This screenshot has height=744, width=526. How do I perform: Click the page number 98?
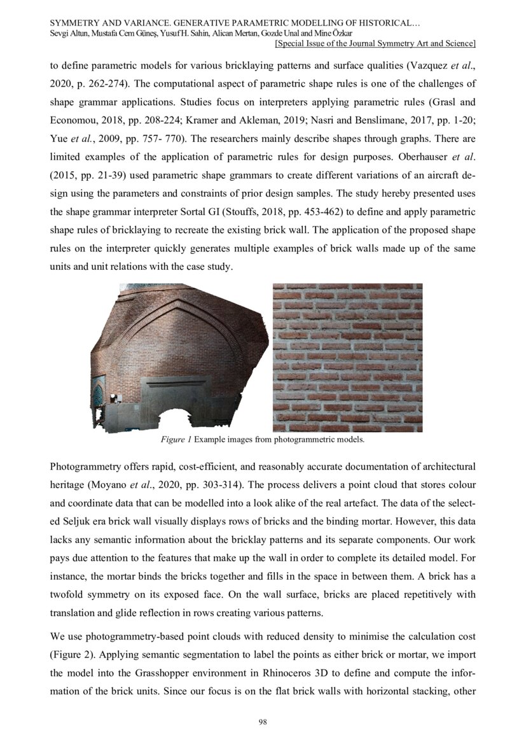262,721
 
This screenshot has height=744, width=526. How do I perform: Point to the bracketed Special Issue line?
375,43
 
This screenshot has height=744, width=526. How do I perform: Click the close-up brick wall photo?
347,358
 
